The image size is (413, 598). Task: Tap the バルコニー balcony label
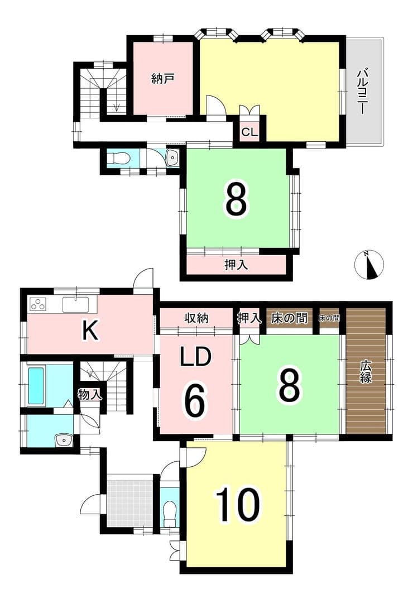click(362, 91)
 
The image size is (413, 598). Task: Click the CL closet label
click(250, 132)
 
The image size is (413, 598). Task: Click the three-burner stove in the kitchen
click(38, 305)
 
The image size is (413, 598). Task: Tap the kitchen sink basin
click(75, 305)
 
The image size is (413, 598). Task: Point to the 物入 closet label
click(90, 394)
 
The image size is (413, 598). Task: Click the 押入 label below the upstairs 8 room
click(236, 264)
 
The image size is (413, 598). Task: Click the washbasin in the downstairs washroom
click(64, 440)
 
